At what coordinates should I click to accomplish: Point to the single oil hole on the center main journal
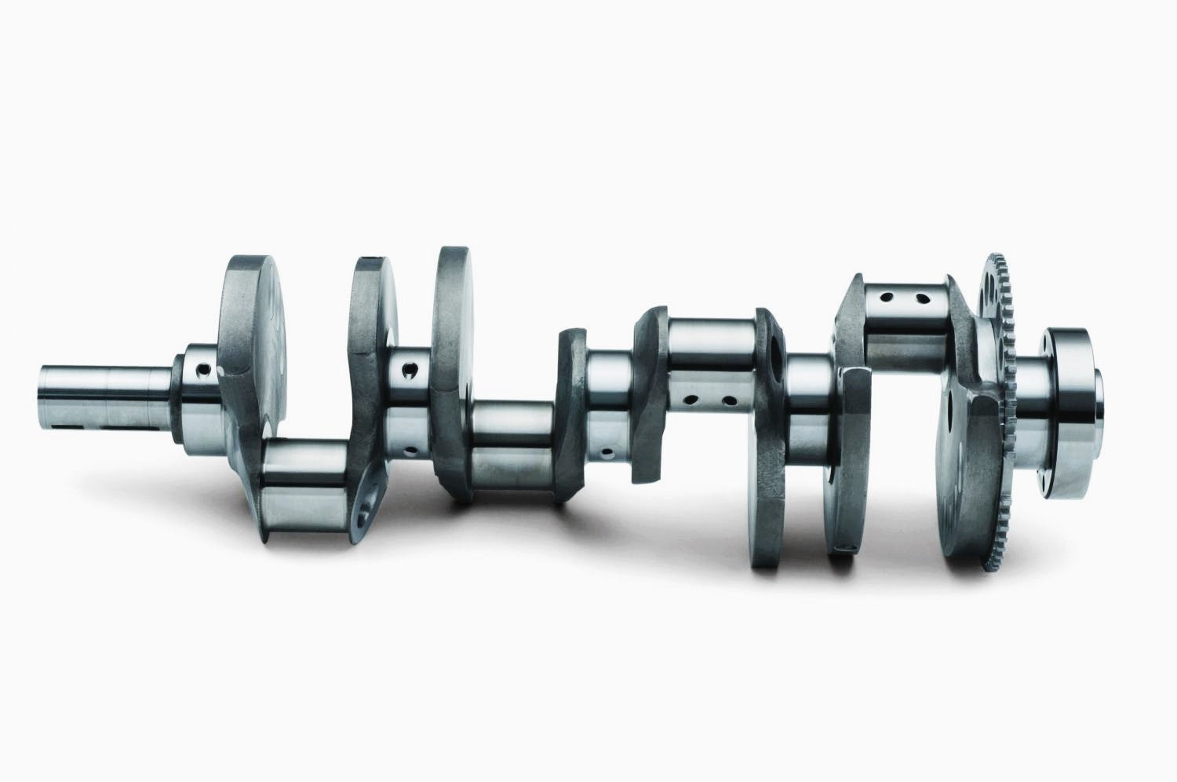[607, 453]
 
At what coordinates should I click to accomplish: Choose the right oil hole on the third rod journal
[729, 401]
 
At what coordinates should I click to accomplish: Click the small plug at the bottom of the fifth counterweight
[844, 546]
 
